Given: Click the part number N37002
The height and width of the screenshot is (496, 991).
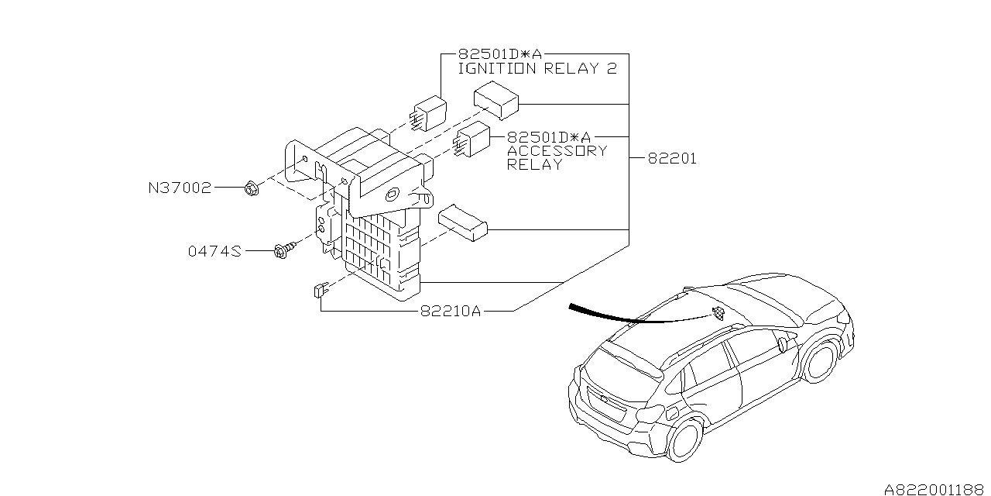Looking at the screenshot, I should click(180, 188).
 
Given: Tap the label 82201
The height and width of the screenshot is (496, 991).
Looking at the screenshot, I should click(672, 159).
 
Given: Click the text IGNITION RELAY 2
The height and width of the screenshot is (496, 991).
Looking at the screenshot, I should click(537, 68).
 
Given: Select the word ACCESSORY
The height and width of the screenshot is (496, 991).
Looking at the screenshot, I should click(557, 150).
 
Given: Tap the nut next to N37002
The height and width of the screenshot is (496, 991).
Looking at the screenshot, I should click(250, 188).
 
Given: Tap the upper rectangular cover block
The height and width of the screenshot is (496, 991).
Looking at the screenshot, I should click(496, 101).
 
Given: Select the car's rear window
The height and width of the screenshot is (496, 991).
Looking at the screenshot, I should click(622, 360).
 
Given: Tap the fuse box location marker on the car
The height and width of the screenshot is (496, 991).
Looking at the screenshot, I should click(718, 312).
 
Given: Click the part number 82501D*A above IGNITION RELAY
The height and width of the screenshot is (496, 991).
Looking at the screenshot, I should click(499, 53).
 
